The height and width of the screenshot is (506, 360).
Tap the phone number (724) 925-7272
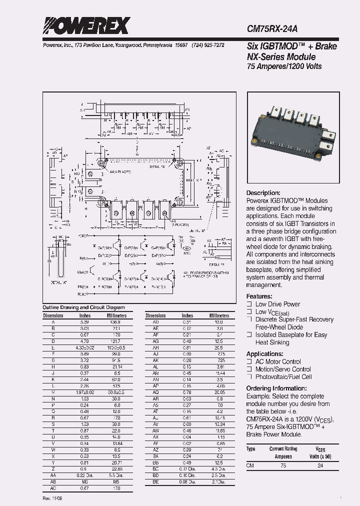(207, 45)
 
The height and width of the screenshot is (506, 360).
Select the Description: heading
(263, 193)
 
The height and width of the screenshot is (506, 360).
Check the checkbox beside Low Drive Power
(249, 304)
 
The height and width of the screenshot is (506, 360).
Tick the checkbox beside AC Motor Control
(249, 361)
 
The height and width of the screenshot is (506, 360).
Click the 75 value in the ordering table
(283, 465)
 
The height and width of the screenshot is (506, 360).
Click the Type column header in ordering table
(251, 449)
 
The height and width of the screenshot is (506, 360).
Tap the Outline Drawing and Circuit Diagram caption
(84, 307)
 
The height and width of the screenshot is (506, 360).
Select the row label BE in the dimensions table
(155, 481)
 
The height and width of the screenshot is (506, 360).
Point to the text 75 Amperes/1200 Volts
(284, 66)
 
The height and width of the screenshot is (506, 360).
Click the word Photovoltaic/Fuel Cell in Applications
(283, 377)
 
